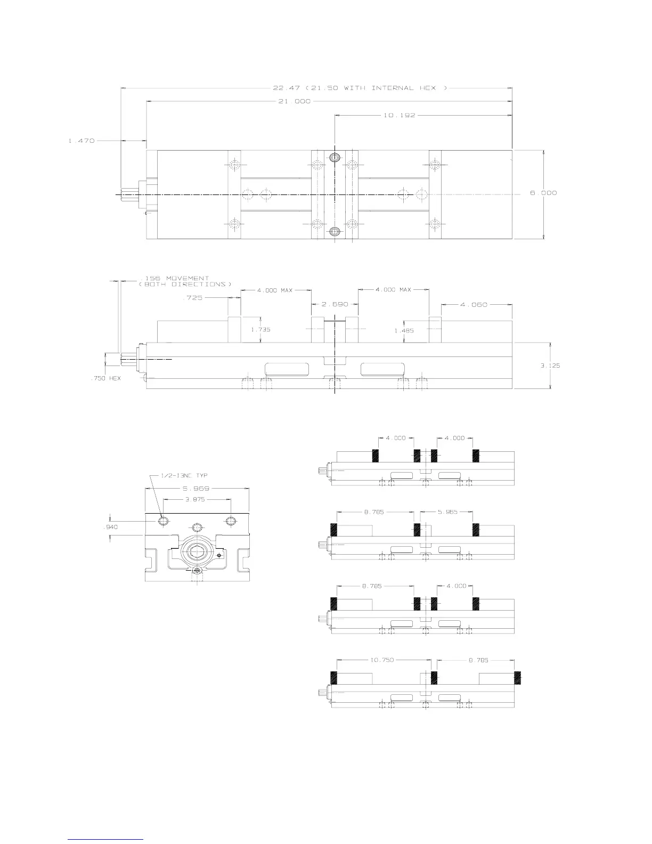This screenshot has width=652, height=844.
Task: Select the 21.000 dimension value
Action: pos(294,101)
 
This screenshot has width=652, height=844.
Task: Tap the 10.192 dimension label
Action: pos(399,115)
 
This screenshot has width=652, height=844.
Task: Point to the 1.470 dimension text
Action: pos(81,141)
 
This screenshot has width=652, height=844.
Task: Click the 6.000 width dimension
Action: pos(543,193)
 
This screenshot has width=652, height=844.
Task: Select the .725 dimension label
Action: pos(192,298)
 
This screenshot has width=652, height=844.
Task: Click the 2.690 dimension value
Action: pos(335,304)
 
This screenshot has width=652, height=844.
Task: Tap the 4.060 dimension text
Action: pos(474,304)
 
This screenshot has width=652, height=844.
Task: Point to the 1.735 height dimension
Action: pos(260,329)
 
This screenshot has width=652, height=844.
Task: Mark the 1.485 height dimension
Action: pos(404,330)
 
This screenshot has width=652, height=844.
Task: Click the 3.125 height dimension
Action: pos(550,366)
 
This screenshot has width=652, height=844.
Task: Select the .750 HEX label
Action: pos(104,378)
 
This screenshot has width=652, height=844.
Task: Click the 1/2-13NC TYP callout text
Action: pos(185,476)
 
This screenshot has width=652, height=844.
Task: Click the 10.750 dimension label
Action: pos(382,660)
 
